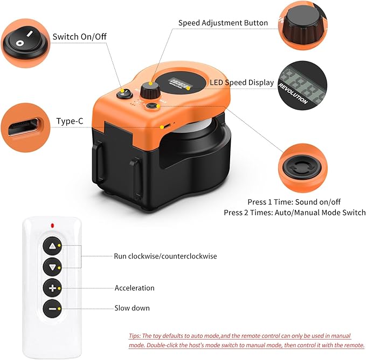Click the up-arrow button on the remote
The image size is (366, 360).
coord(52,246)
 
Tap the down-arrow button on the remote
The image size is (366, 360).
coord(52,267)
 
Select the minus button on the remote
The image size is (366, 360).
coord(52,308)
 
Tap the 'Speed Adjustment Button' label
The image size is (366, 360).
coord(223,23)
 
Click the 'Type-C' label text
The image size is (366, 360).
coord(70,121)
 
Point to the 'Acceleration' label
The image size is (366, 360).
coord(134,288)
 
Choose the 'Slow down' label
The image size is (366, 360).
coord(132,308)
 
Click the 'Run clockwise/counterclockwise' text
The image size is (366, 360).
coord(165,256)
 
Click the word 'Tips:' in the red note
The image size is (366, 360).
coord(136,335)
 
